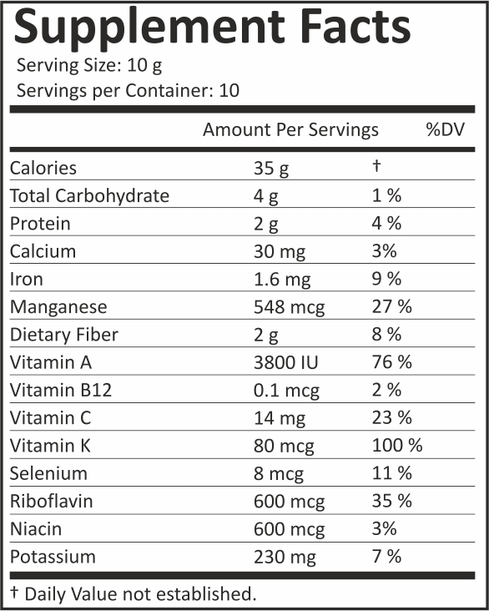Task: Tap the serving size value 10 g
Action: pos(144,66)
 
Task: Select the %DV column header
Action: pos(446,129)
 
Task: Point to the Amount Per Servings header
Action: pos(290,129)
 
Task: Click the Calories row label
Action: pos(43,169)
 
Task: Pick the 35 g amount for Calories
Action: pos(271,169)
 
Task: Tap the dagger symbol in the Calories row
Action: pos(376,165)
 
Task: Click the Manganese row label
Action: pos(58,307)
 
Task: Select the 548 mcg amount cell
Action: pos(289,308)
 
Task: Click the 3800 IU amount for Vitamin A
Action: pos(286,362)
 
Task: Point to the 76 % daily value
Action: pos(391,362)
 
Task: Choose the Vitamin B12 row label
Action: pos(61,390)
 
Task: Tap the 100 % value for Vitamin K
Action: pos(397,446)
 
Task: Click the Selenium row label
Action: pos(48,473)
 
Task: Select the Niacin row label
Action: pos(36,529)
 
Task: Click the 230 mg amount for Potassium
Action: pos(285,558)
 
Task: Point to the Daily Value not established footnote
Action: pos(134,593)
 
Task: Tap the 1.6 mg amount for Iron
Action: pos(282,280)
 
